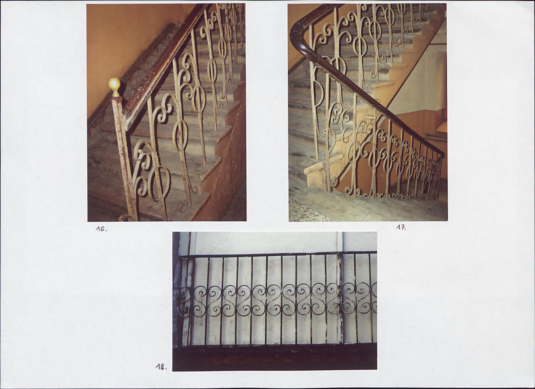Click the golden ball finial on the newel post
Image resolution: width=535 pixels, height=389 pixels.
coord(114,85)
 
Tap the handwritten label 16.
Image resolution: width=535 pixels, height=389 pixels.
coord(101,229)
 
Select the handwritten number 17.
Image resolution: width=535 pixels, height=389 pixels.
coord(401,227)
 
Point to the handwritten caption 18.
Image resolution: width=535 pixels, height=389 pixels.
coord(161,367)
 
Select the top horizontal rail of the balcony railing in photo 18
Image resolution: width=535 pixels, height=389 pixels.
coord(278,254)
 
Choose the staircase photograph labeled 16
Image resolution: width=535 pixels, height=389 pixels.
coord(167,112)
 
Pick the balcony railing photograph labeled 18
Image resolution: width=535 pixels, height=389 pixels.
coord(275,301)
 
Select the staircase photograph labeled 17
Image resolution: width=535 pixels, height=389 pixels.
coord(368,112)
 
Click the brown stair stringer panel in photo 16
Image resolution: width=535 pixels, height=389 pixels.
coord(223,161)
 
